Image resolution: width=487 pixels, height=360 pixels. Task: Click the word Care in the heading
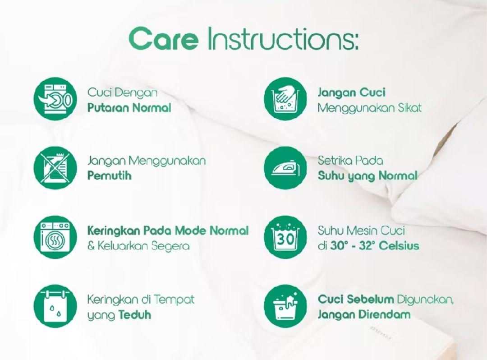163,39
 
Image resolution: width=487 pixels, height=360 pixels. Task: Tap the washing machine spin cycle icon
55,99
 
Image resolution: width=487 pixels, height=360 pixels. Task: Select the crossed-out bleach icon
55,168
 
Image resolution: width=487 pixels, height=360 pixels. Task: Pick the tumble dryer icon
55,237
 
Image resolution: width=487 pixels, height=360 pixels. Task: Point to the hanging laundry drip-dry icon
55,306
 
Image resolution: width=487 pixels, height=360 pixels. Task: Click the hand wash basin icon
285,99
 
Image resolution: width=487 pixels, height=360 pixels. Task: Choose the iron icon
285,168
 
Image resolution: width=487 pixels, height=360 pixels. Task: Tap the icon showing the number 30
285,237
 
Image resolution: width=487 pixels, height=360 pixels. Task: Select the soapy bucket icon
285,306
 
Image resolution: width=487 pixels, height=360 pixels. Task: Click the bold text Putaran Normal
129,108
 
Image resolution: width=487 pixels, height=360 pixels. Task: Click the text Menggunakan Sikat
370,108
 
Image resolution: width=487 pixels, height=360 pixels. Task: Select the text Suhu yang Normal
368,176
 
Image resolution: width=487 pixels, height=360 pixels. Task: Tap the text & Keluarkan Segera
138,246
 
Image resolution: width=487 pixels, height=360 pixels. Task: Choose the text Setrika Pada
350,161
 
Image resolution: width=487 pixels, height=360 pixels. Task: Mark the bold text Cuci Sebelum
356,300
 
